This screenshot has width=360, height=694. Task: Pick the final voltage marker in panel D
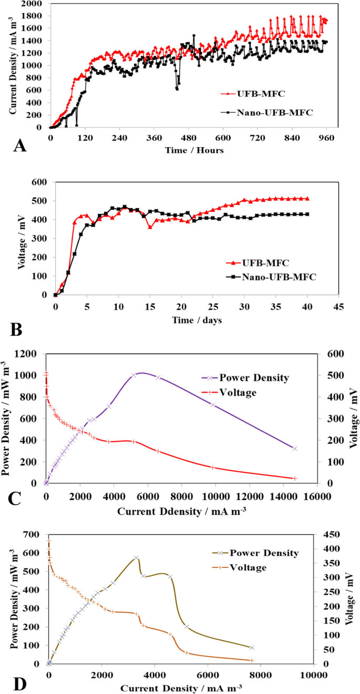coord(251,660)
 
